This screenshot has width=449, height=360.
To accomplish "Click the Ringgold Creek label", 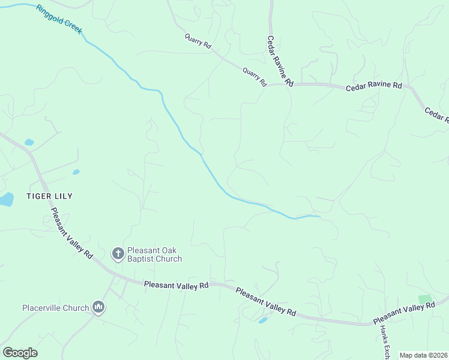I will click(x=58, y=19).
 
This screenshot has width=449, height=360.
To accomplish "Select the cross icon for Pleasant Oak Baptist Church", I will click(x=118, y=254).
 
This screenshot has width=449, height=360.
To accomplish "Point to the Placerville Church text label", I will click(x=55, y=308).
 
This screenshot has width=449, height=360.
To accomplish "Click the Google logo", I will click(x=20, y=353).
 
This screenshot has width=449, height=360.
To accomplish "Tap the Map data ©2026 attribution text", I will click(x=423, y=355).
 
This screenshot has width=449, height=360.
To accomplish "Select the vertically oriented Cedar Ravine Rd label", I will click(x=280, y=60).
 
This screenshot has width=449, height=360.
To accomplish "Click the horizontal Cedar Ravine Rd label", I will click(x=373, y=86).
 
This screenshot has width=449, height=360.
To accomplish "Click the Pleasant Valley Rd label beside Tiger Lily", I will click(x=71, y=233).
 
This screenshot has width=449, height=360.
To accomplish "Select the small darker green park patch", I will click(x=425, y=299).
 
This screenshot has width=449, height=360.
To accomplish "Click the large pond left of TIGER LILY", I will click(x=5, y=199).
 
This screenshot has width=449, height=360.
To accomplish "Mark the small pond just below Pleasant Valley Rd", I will click(x=262, y=320).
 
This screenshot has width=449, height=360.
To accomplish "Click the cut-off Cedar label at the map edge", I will click(x=436, y=115).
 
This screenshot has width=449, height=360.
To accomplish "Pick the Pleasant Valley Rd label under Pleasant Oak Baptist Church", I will click(x=176, y=286).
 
